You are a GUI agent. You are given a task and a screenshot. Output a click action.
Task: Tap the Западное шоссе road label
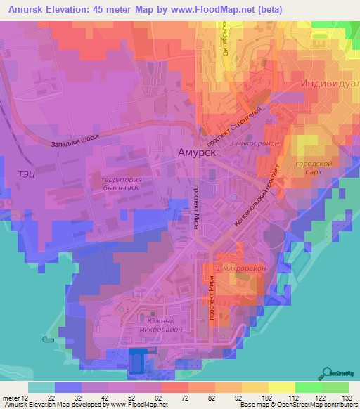point(75,140)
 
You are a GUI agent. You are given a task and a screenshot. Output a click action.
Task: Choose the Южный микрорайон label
point(161,324)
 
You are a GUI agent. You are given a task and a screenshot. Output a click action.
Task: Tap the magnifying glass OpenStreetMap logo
point(328,374)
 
